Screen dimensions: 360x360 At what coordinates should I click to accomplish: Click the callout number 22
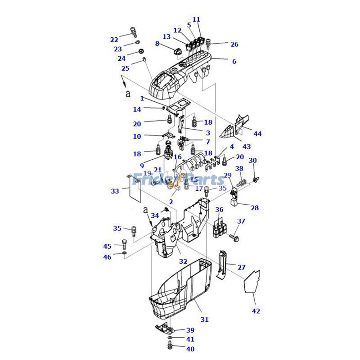point(114,40)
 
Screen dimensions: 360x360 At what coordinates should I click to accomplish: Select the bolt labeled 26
point(215,44)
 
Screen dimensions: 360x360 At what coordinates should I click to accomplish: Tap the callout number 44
point(257,134)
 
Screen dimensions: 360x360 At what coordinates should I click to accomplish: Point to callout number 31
point(205,319)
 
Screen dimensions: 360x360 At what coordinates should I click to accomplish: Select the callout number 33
point(115,191)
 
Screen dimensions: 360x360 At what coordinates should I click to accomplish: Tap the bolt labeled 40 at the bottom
point(170,346)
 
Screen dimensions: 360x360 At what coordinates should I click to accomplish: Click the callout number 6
point(234,61)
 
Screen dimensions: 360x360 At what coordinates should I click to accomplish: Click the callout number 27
point(242,267)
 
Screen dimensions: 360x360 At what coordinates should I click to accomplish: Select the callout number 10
point(137,136)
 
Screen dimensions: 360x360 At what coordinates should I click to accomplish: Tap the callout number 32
point(183,261)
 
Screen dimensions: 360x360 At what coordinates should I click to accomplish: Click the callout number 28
point(255,208)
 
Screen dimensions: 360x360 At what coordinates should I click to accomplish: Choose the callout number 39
point(190,330)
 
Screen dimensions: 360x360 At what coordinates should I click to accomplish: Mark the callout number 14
point(137,109)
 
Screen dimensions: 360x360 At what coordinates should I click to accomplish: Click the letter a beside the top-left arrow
point(127,94)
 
